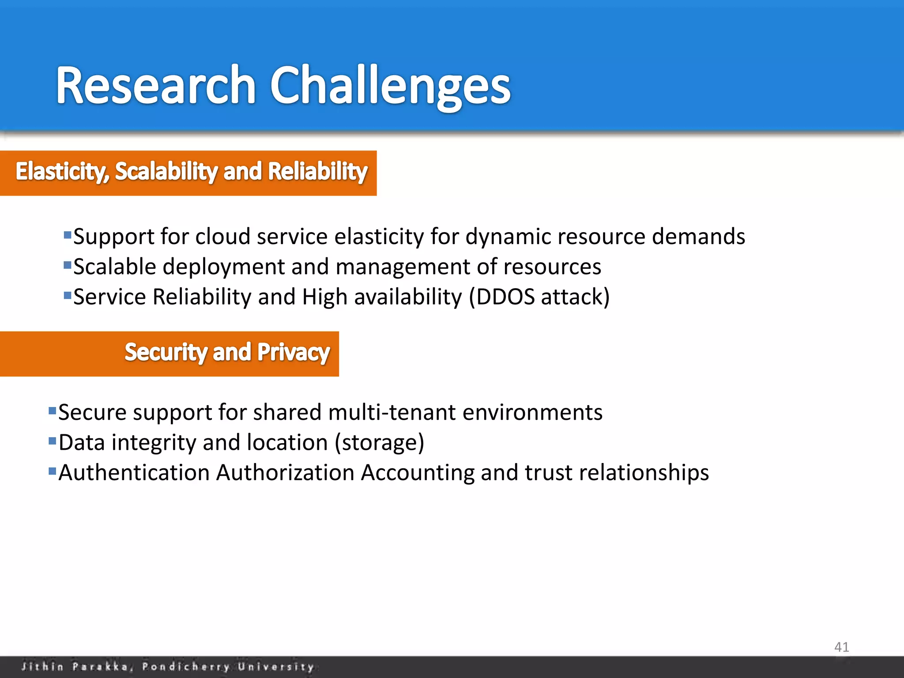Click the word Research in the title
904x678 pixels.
click(155, 85)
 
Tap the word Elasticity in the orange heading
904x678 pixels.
click(62, 171)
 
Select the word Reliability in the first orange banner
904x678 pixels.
click(317, 171)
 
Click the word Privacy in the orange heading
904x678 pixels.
click(293, 353)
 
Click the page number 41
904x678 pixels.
click(841, 647)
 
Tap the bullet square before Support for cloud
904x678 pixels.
click(68, 235)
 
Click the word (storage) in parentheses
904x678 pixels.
click(379, 443)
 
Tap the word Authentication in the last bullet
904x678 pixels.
click(134, 473)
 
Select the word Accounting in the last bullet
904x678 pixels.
click(417, 473)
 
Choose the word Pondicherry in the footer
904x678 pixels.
click(186, 667)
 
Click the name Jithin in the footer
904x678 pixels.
click(42, 667)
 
